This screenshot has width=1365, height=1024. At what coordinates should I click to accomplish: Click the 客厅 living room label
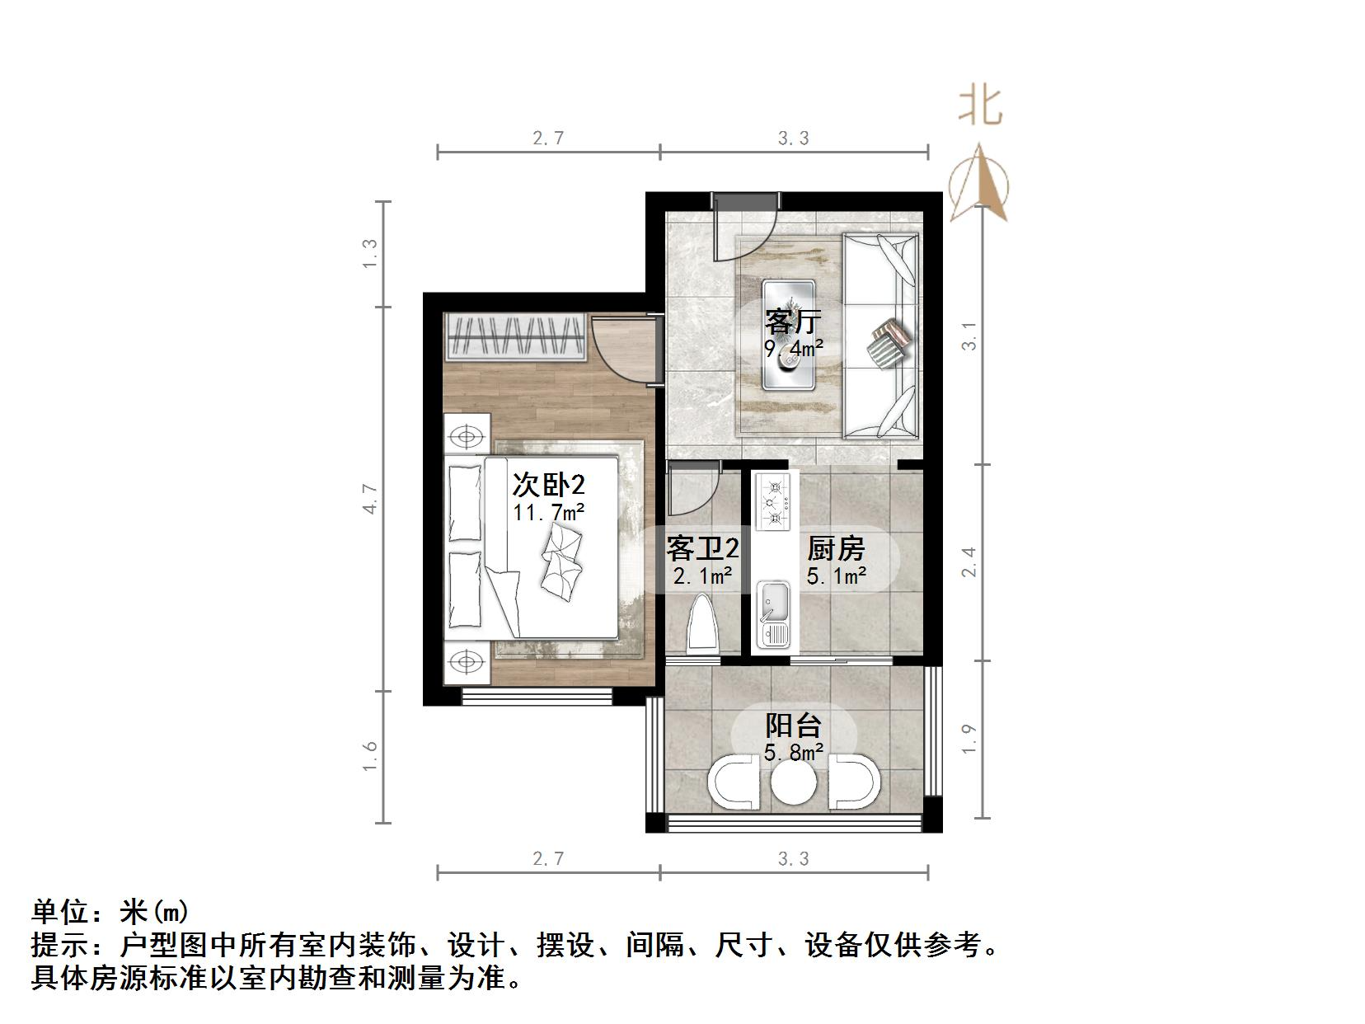tap(792, 320)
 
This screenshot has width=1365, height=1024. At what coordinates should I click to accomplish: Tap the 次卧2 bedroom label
tap(548, 483)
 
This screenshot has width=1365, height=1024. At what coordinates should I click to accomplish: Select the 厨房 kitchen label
tap(836, 548)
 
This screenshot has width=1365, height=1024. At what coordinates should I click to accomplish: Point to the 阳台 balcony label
tap(793, 726)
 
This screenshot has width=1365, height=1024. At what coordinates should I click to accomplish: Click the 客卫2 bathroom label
tap(702, 548)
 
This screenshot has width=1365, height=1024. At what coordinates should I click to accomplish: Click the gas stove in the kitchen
tap(774, 501)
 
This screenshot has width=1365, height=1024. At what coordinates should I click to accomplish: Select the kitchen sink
tap(773, 614)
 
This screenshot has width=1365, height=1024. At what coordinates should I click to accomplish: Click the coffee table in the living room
tap(789, 334)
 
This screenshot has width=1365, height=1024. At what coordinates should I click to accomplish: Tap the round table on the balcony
tap(794, 783)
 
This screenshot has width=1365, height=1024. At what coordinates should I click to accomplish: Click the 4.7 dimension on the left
tap(370, 499)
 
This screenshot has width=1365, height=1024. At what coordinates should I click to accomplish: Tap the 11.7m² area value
tap(548, 513)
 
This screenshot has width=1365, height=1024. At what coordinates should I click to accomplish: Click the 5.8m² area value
tap(793, 752)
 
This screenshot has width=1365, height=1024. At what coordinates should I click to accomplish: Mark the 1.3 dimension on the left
tap(370, 253)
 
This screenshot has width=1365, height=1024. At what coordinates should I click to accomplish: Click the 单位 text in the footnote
tap(58, 912)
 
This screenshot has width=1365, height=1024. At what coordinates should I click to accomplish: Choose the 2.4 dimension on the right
tap(969, 561)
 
